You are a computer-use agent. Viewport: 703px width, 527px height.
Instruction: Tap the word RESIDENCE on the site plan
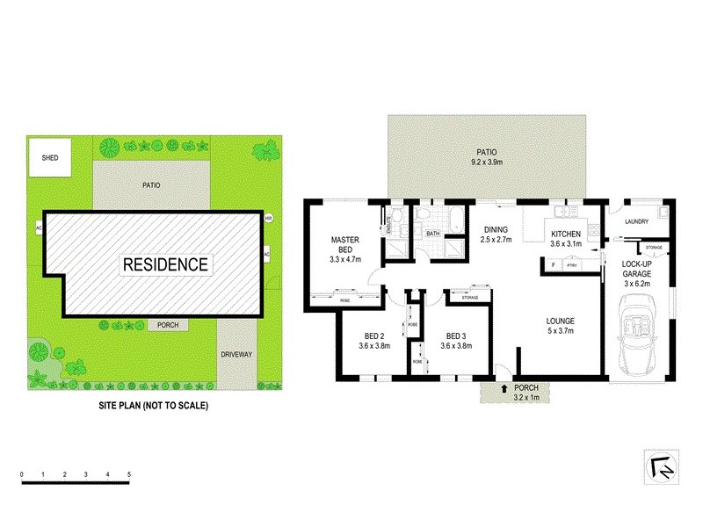(165, 263)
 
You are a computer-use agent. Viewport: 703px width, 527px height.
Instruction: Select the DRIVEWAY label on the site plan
(236, 354)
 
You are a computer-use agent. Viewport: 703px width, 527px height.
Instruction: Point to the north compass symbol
(659, 466)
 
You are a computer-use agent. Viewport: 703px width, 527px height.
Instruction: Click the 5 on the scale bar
(129, 474)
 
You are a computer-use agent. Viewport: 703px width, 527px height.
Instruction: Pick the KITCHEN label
(566, 234)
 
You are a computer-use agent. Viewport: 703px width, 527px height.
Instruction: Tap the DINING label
(496, 230)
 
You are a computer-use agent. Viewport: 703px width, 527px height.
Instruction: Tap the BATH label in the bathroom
(433, 234)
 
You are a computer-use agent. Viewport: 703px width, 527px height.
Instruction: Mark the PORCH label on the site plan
(168, 325)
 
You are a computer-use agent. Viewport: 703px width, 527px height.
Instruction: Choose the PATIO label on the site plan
(151, 185)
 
